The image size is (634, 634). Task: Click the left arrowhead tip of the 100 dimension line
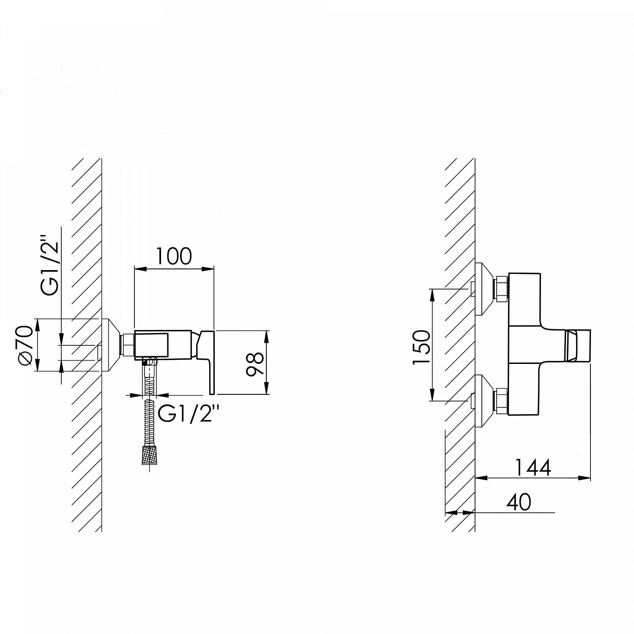pyautogui.click(x=134, y=268)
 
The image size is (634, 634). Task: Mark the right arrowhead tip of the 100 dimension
pyautogui.click(x=214, y=268)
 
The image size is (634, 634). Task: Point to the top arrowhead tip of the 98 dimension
pyautogui.click(x=266, y=331)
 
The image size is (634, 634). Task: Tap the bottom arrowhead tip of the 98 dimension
pyautogui.click(x=266, y=394)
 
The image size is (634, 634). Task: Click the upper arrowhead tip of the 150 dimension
pyautogui.click(x=432, y=289)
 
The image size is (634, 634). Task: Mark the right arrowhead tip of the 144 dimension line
pyautogui.click(x=590, y=478)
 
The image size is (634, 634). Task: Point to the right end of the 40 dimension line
pyautogui.click(x=555, y=513)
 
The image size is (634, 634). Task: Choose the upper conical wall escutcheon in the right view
pyautogui.click(x=484, y=289)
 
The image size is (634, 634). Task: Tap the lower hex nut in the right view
pyautogui.click(x=501, y=400)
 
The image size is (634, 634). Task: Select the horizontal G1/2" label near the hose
pyautogui.click(x=188, y=414)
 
